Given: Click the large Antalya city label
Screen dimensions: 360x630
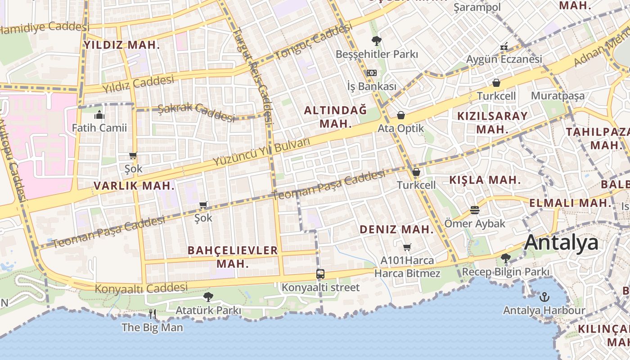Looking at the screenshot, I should click(561, 243).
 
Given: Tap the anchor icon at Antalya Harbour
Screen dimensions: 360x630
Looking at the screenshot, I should click(544, 297).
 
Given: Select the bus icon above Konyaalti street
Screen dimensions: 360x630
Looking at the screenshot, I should click(320, 274).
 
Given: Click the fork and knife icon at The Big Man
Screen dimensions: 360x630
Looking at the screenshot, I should click(153, 314).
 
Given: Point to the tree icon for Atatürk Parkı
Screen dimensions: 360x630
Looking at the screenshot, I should click(208, 297).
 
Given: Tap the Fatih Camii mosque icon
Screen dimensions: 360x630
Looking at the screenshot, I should click(99, 115).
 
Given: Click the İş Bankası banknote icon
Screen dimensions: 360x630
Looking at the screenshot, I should click(371, 73).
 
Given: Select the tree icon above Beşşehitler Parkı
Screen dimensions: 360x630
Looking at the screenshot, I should click(377, 41).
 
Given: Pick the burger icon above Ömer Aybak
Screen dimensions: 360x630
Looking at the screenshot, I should click(475, 210).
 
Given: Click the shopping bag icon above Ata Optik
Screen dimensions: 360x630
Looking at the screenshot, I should click(400, 115).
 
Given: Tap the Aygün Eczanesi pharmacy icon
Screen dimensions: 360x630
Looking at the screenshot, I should click(504, 46).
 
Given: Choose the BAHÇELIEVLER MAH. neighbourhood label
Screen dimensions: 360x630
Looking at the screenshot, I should click(233, 256).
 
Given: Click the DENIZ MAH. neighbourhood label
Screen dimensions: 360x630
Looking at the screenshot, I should click(396, 229).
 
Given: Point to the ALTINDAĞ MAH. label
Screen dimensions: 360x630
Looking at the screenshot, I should click(335, 117).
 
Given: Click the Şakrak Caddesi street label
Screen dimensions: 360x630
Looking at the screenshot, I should click(196, 112).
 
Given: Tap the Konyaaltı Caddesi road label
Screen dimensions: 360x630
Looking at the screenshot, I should click(141, 288).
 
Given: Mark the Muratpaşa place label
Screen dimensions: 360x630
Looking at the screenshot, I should click(558, 96).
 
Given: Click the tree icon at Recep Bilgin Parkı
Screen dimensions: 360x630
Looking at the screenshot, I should click(506, 258).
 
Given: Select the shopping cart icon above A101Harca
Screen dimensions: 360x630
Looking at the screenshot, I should click(407, 247).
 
